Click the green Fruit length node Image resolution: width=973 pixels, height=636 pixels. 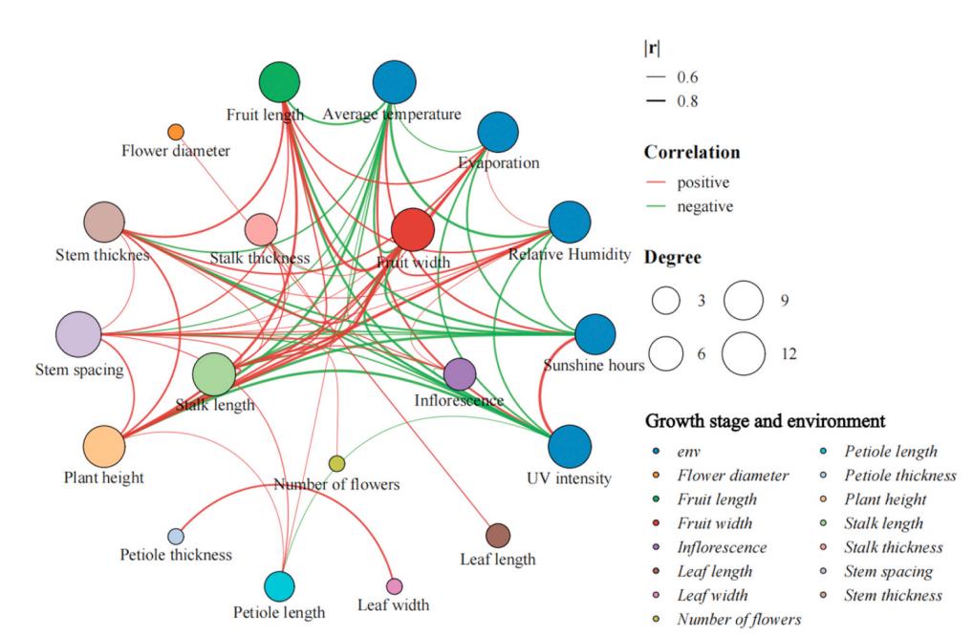[x=279, y=82]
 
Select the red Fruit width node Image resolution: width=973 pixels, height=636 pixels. [x=413, y=229]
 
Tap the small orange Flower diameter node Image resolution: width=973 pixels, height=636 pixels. [x=176, y=132]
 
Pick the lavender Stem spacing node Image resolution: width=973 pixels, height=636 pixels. [x=78, y=335]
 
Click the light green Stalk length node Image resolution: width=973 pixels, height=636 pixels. [x=214, y=374]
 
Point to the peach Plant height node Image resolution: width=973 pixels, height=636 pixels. [x=103, y=446]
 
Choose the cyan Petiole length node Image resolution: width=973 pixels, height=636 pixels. [x=279, y=585]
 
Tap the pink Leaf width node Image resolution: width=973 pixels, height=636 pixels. [x=394, y=585]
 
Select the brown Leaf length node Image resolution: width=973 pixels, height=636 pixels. [x=498, y=536]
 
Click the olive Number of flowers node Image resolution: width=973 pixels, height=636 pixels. [x=336, y=463]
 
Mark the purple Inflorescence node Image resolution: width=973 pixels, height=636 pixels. [x=460, y=374]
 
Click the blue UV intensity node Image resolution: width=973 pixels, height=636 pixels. [x=569, y=446]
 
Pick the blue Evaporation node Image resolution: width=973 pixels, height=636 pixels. [x=498, y=132]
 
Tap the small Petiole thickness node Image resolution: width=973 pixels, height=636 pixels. [x=176, y=536]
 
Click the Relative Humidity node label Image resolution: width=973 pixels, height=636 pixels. [x=569, y=254]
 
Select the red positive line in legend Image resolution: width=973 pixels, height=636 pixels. [x=656, y=182]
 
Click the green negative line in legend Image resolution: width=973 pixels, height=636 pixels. [x=656, y=206]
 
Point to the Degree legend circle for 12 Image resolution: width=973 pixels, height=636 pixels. [x=744, y=353]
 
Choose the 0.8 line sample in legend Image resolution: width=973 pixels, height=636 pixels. [x=656, y=100]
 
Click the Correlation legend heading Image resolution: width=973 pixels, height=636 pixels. [x=692, y=152]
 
